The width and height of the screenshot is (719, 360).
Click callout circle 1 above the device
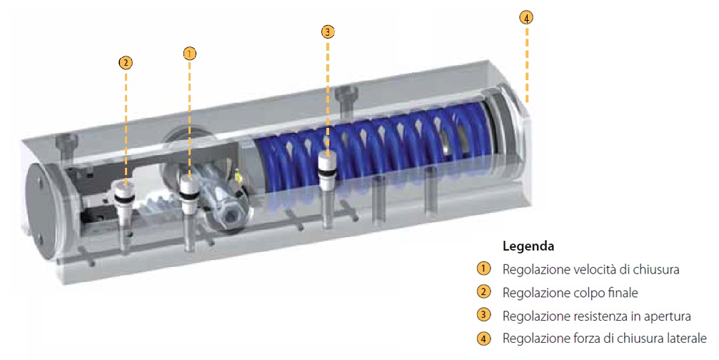coord(189,52)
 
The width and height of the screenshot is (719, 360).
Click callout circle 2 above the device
coord(126,62)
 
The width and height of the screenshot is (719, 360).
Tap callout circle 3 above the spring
coord(328,31)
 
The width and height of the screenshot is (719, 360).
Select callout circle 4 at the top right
coord(526,18)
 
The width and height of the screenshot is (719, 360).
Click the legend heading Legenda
coord(528,247)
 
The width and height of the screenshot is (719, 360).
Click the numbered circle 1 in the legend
coord(484,269)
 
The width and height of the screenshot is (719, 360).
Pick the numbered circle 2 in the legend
coord(484,292)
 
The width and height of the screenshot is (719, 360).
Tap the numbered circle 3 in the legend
coord(484,315)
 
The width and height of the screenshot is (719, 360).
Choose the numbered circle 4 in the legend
coord(484,338)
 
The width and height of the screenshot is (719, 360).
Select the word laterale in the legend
coord(685,338)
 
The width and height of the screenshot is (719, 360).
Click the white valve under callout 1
coord(189,191)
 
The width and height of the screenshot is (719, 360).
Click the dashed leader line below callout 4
coord(526,64)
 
